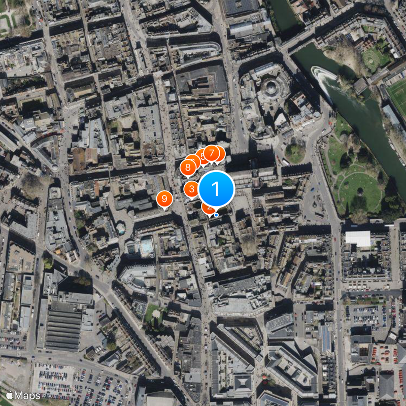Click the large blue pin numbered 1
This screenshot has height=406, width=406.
[216, 189]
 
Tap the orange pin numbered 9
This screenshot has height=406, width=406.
[164, 199]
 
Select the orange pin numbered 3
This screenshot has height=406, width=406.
[191, 189]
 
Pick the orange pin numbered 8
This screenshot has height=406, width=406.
[188, 166]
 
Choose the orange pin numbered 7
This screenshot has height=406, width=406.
[212, 153]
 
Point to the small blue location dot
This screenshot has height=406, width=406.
[216, 215]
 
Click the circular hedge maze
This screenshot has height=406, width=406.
[372, 59]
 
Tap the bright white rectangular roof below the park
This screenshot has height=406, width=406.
[358, 239]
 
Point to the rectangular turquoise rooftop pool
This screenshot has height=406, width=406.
[147, 246]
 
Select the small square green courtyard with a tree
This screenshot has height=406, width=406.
[153, 315]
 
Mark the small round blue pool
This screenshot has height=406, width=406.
[121, 228]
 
